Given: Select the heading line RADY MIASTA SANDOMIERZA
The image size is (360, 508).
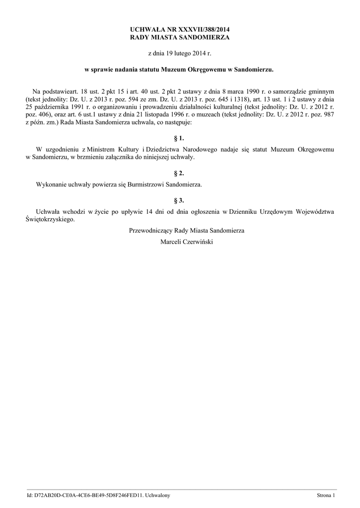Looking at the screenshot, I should click(x=180, y=37).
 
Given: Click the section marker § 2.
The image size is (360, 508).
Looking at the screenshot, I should click(x=180, y=173).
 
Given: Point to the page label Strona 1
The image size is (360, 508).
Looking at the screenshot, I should click(x=326, y=495).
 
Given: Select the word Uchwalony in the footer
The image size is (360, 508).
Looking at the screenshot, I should click(x=155, y=495).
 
